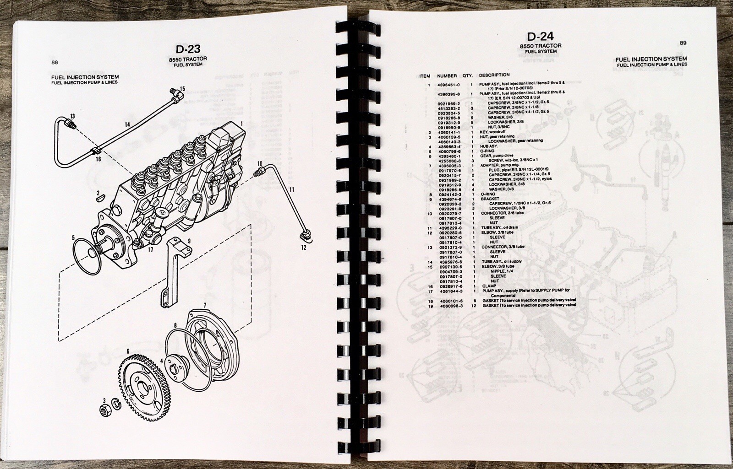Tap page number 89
pyautogui.click(x=683, y=43)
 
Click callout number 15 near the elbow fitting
pyautogui.click(x=182, y=88)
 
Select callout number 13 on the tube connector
pyautogui.click(x=72, y=116)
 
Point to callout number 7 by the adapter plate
pyautogui.click(x=205, y=305)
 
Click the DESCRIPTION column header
pyautogui.click(x=494, y=75)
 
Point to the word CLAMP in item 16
pyautogui.click(x=489, y=286)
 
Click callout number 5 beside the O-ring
pyautogui.click(x=73, y=237)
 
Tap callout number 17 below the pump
pyautogui.click(x=150, y=250)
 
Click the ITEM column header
pyautogui.click(x=425, y=76)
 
